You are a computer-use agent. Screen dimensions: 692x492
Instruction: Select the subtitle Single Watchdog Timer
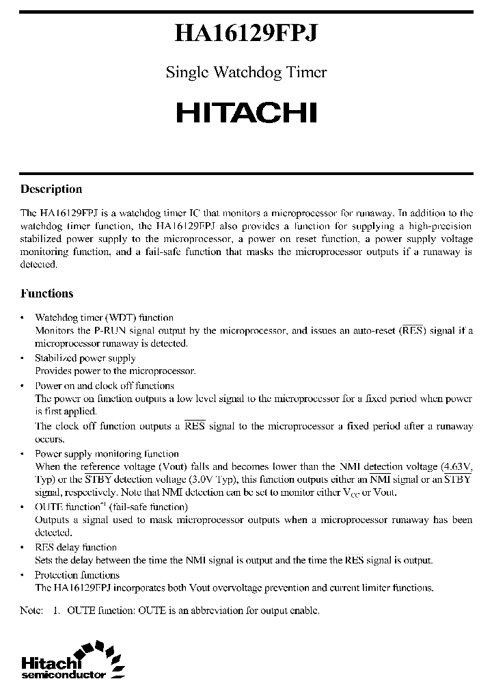coord(246,72)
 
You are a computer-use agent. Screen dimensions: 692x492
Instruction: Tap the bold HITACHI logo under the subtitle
coord(246,112)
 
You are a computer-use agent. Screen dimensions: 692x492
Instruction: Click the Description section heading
coord(51,189)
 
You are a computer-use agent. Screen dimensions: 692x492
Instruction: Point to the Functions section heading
coord(46,293)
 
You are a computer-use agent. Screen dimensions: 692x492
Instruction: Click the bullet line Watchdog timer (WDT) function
coord(104,317)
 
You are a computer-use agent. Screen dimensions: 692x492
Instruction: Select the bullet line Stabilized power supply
coord(85,358)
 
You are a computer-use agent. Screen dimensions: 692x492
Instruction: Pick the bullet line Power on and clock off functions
coord(105,385)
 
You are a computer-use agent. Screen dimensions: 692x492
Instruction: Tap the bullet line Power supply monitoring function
coord(107,453)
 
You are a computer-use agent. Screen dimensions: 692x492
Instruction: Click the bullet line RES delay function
coord(76,547)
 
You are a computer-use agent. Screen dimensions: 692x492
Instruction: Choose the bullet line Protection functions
coord(77,574)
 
